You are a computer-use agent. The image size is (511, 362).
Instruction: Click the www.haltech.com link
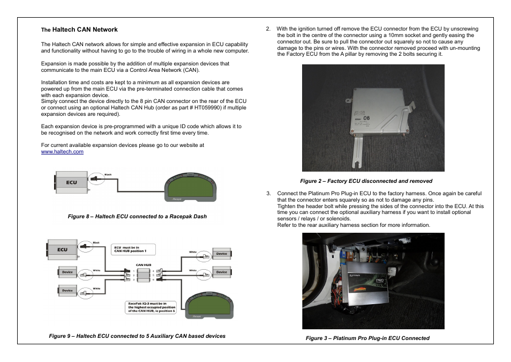[x=62, y=152]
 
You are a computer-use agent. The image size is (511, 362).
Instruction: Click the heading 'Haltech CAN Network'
[x=85, y=29]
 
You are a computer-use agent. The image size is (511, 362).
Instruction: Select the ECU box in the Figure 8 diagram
[x=71, y=182]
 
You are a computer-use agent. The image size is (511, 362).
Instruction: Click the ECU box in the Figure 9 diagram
[x=63, y=249]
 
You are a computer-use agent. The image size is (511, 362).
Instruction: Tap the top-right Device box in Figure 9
[x=222, y=254]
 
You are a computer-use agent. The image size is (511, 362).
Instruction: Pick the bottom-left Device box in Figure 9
[x=67, y=290]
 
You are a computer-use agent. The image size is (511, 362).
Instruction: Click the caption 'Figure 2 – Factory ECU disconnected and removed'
[x=366, y=181]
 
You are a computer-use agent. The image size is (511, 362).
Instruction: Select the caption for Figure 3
[x=367, y=338]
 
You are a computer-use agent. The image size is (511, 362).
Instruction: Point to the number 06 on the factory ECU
[x=366, y=119]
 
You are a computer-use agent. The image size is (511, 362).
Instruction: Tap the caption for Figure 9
[x=137, y=336]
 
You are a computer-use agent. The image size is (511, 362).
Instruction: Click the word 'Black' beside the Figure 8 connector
[x=108, y=174]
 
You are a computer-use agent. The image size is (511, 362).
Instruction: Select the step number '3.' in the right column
[x=268, y=193]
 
